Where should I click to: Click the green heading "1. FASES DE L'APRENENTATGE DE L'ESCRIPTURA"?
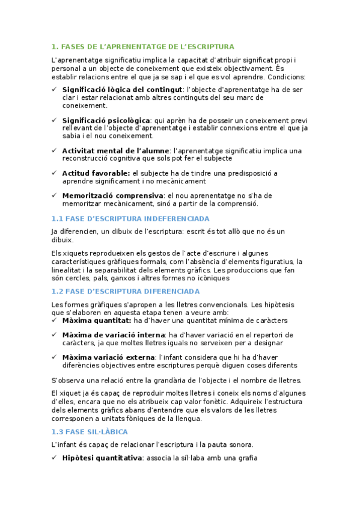tap(143, 46)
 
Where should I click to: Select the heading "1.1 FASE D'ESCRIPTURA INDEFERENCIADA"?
tap(130, 218)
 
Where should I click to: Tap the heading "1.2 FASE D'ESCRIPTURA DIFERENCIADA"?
tap(126, 291)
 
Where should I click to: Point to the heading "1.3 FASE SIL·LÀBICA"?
tap(90, 432)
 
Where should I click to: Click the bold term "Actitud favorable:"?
tap(96, 173)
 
